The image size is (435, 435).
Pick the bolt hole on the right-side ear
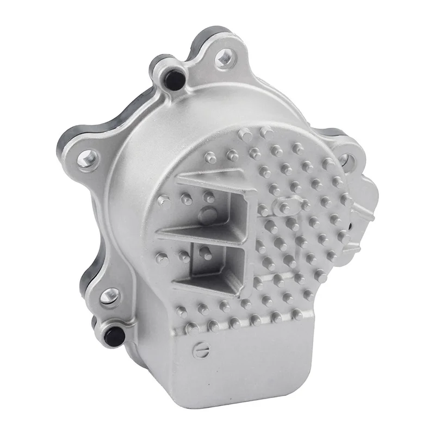(345, 160)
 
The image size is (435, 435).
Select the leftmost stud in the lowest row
(192, 328)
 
